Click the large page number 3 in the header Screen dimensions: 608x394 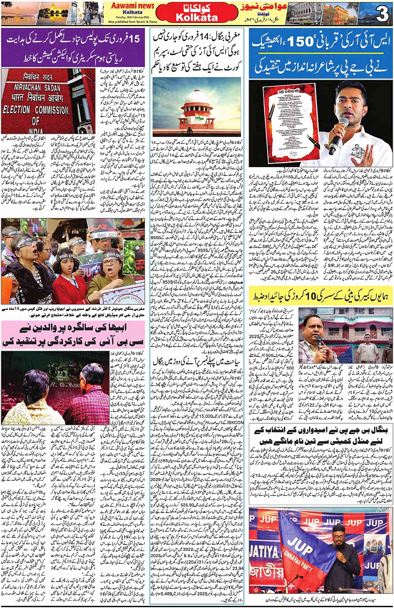tap(381, 14)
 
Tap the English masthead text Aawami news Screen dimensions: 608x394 tap(132, 5)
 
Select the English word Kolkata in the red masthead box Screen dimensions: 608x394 tap(197, 18)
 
